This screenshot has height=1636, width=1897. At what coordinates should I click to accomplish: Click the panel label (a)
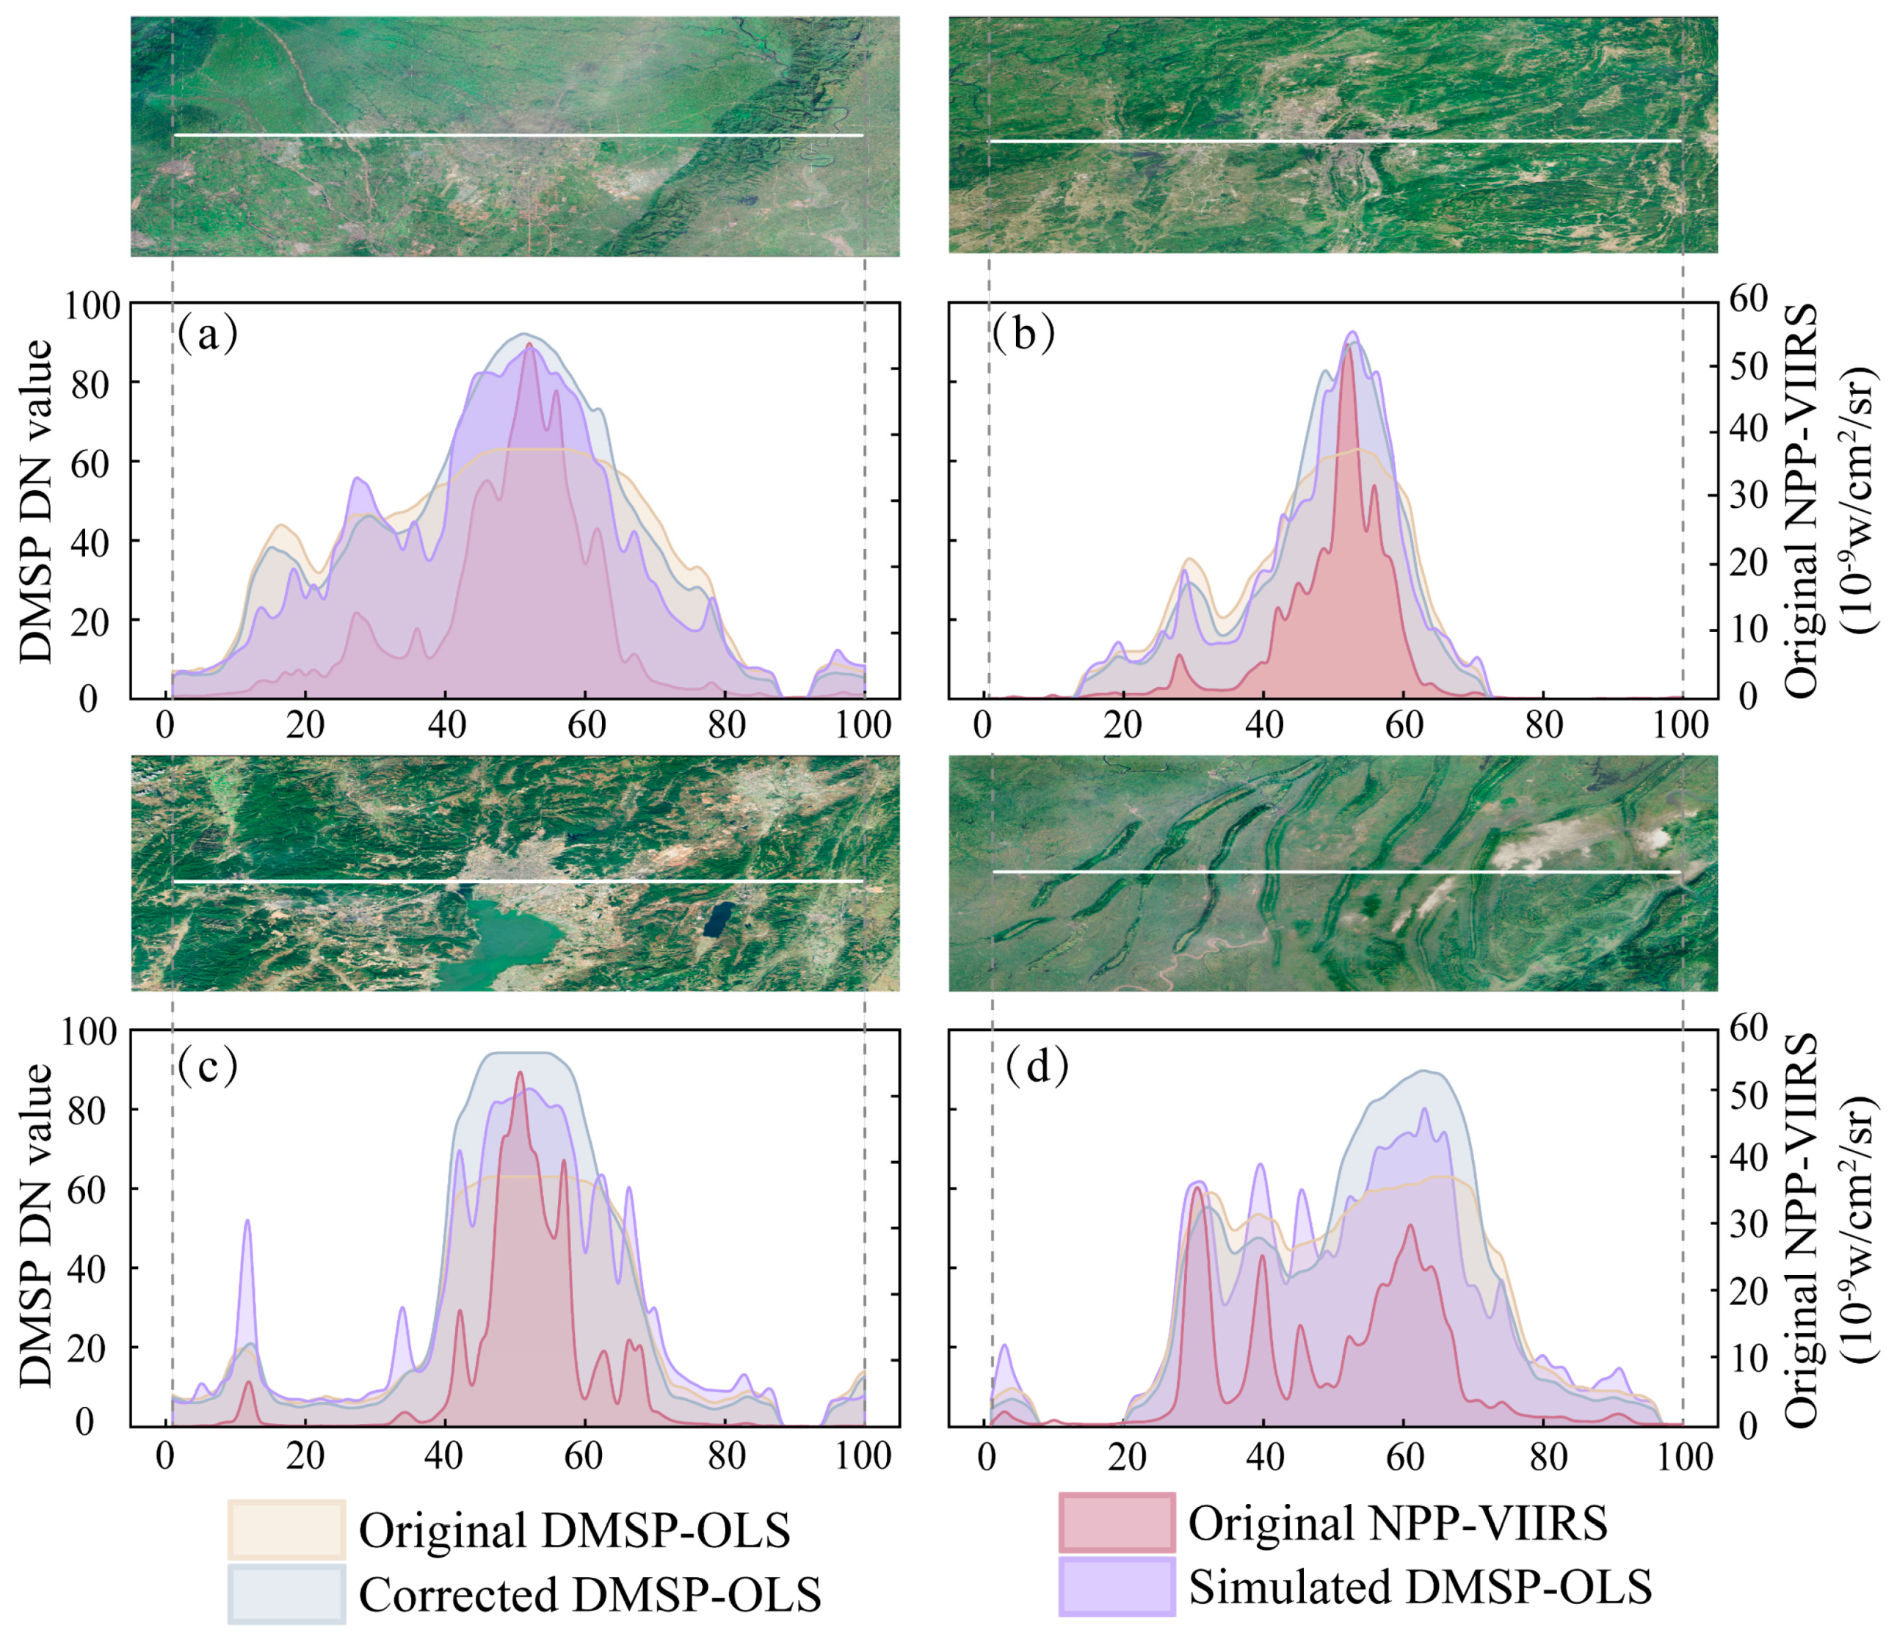[x=208, y=335]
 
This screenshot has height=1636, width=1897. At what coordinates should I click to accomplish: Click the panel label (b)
[x=1023, y=335]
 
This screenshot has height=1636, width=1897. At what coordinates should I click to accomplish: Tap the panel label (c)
[x=208, y=1065]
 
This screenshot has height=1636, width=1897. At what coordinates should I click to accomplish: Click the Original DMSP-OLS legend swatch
[x=286, y=1530]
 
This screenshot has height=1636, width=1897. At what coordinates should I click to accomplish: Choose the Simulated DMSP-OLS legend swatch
[x=1116, y=1587]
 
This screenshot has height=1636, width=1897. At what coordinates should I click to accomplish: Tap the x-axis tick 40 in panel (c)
[x=444, y=1455]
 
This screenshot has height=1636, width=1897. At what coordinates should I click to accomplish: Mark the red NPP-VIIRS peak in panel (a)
[x=529, y=345]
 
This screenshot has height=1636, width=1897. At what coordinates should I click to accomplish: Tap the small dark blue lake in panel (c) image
[x=719, y=918]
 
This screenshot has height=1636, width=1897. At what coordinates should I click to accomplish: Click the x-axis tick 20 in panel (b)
[x=1122, y=725]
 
